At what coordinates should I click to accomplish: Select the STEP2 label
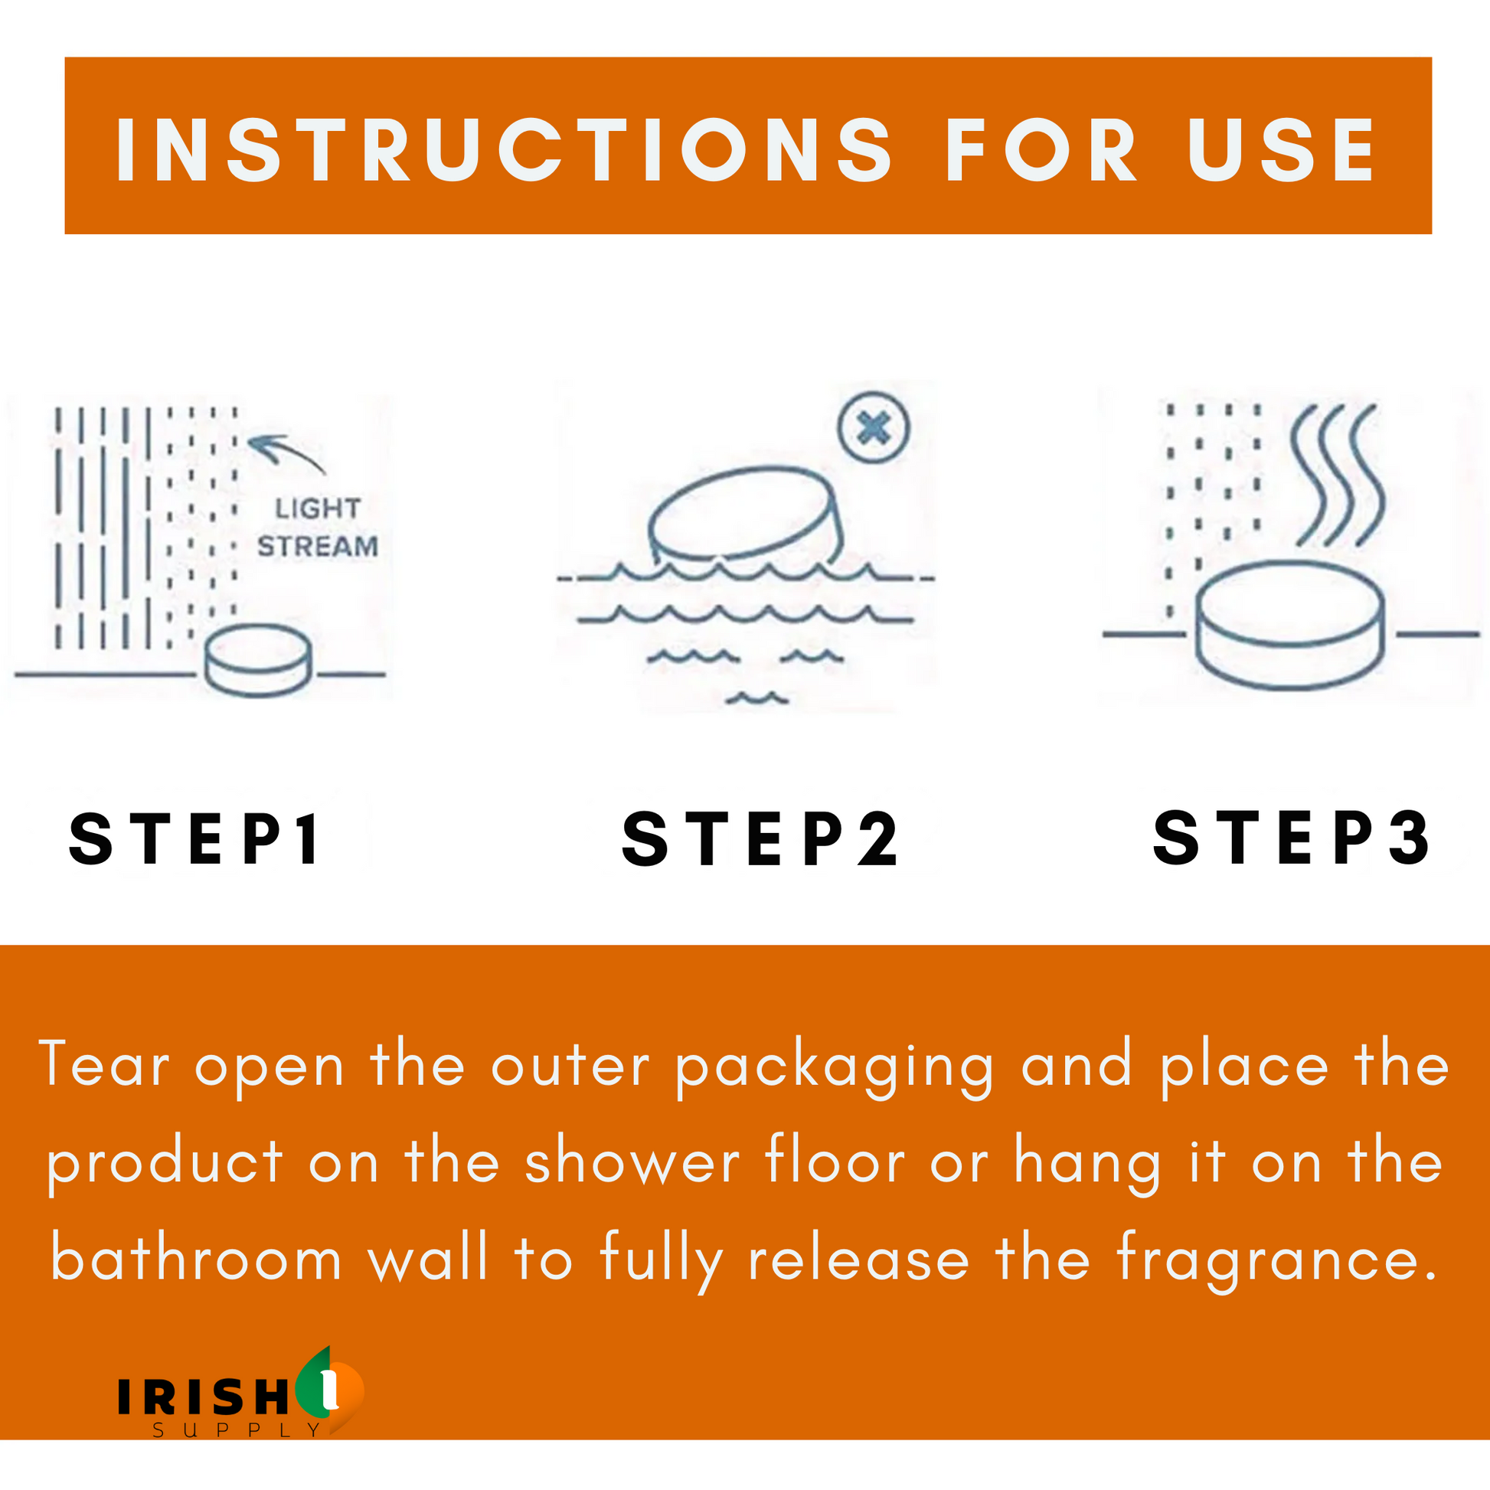760,838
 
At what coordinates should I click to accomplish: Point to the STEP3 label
1292,837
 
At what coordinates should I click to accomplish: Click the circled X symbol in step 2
874,427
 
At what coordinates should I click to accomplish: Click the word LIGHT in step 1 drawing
318,508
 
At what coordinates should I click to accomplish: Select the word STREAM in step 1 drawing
318,546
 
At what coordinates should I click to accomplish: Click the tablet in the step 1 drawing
258,660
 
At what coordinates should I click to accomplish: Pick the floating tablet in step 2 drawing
743,515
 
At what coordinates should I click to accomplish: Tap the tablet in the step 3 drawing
1290,626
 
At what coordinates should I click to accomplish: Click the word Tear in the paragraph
104,1064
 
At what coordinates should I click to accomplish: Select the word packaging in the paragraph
835,1068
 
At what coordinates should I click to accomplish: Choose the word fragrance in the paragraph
1276,1262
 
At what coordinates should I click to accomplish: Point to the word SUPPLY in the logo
237,1430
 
